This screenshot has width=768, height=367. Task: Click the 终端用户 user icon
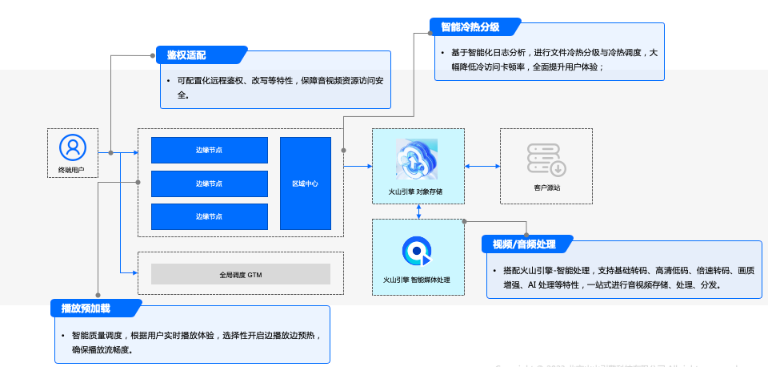pyautogui.click(x=72, y=147)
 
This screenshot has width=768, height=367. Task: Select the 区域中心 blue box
pyautogui.click(x=305, y=183)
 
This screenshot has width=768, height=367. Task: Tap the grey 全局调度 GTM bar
pyautogui.click(x=241, y=274)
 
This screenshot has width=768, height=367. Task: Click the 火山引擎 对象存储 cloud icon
pyautogui.click(x=417, y=159)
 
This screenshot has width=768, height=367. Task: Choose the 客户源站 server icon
pyautogui.click(x=546, y=159)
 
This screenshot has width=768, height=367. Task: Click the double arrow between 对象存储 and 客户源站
pyautogui.click(x=482, y=166)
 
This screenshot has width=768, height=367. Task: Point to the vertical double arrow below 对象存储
pyautogui.click(x=418, y=211)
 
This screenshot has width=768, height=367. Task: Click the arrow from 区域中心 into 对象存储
pyautogui.click(x=358, y=166)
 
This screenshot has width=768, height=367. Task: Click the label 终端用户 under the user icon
pyautogui.click(x=72, y=171)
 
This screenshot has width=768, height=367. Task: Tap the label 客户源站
pyautogui.click(x=546, y=188)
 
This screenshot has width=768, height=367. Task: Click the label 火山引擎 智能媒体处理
pyautogui.click(x=416, y=280)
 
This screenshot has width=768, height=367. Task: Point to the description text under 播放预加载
pyautogui.click(x=192, y=343)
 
